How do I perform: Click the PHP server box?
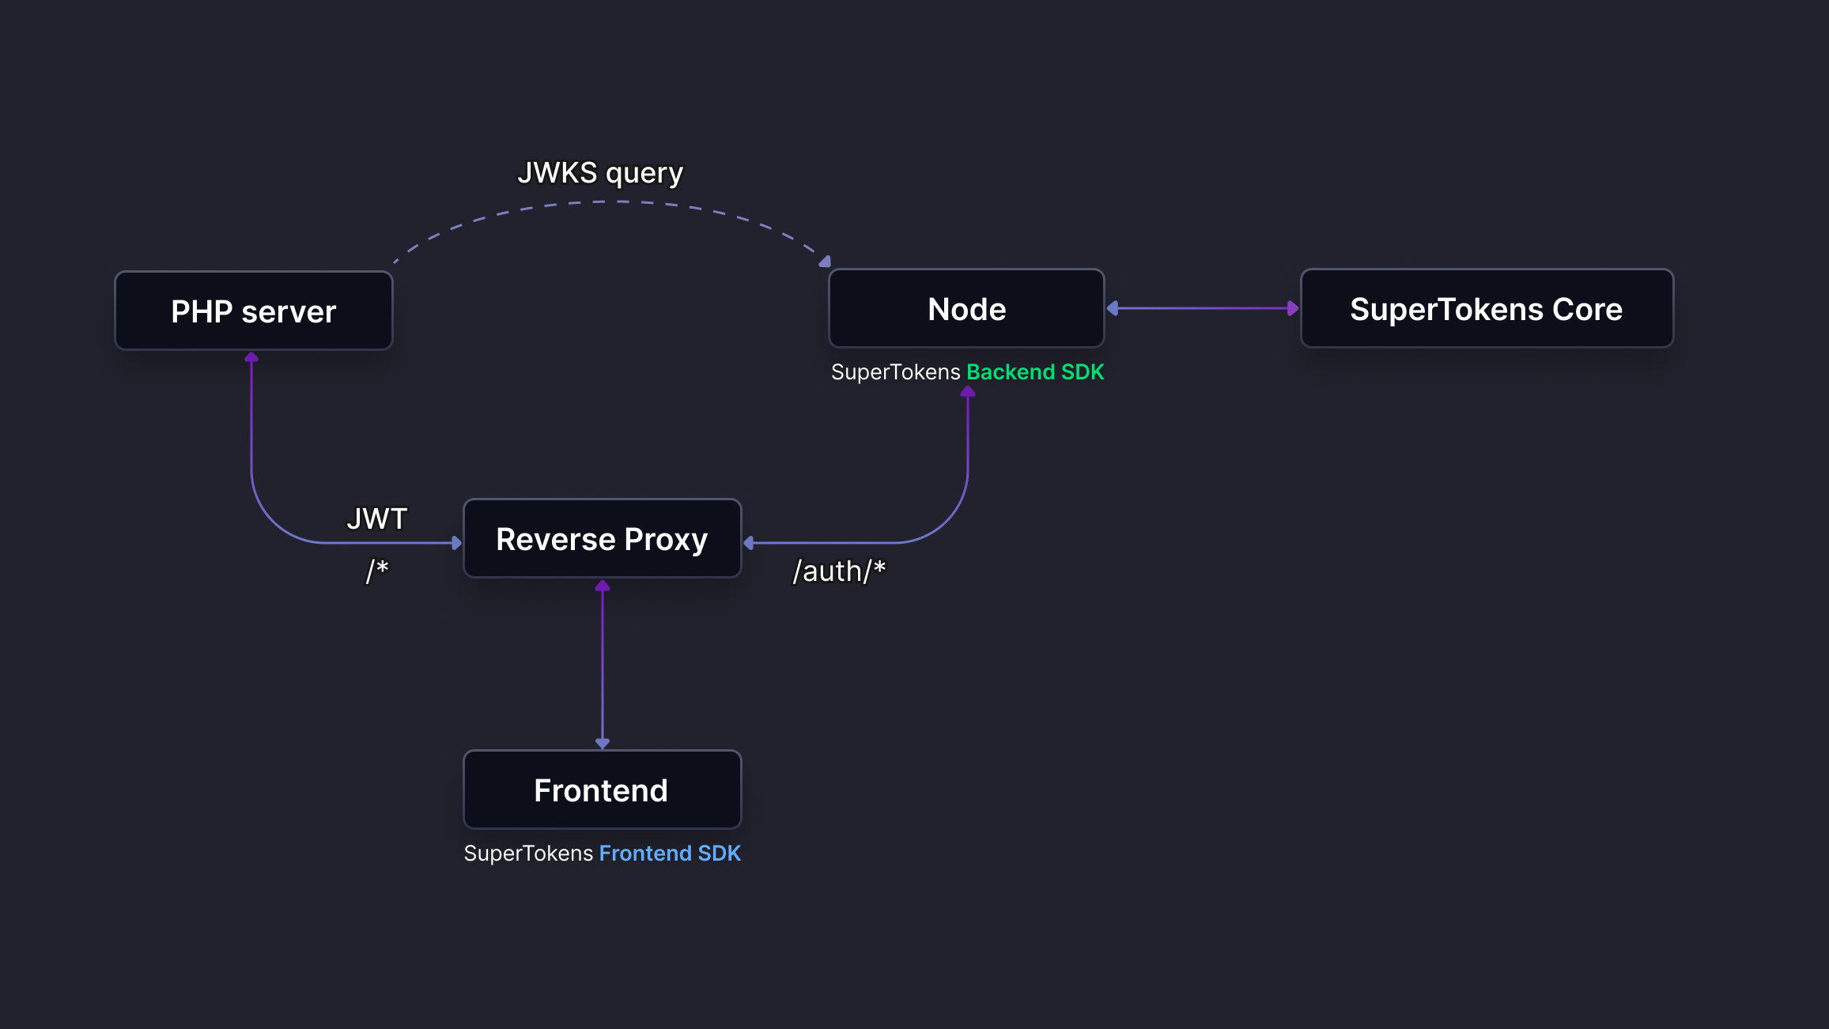coord(253,311)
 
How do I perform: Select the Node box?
coord(966,309)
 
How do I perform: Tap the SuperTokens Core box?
coord(1486,309)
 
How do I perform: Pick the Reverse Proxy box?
coord(602,539)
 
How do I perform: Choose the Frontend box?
coord(602,790)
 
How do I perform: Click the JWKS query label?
coord(600,173)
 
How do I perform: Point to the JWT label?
coord(376,519)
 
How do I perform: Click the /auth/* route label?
coord(839,571)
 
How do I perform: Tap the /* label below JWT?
coord(376,570)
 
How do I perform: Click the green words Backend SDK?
coord(1034,372)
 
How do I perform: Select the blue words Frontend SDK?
coord(670,854)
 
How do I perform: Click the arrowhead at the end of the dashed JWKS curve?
coord(825,262)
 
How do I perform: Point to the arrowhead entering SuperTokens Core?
coord(1293,308)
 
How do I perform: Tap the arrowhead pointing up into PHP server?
coord(251,358)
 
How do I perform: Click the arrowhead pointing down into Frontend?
coord(603,743)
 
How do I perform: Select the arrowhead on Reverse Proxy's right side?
coord(749,543)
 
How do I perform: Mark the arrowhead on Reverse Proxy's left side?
coord(456,543)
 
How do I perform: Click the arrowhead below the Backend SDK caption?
coord(967,392)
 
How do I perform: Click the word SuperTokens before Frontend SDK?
coord(528,854)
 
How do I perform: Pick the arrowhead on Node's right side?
coord(1113,308)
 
